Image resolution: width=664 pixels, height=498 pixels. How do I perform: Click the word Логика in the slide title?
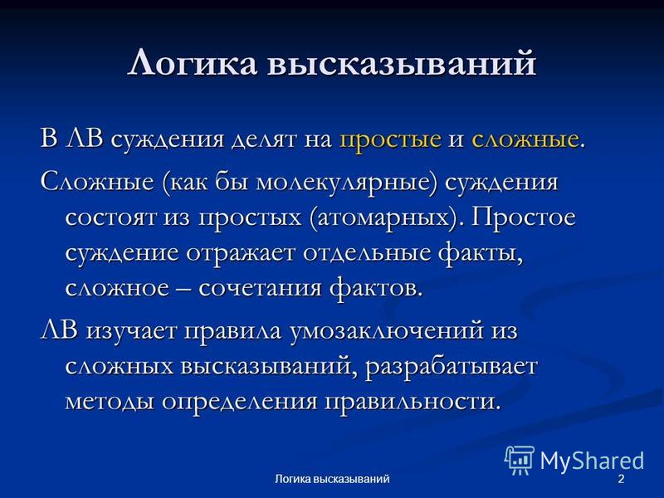[193, 64]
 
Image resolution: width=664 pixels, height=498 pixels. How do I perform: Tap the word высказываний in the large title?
[402, 64]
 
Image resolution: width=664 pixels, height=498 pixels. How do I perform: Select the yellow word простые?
[390, 139]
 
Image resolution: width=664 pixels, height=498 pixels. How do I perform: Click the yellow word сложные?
[525, 139]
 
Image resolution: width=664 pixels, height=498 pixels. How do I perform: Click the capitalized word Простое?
[524, 217]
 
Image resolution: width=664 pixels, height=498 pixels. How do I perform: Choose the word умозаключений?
[387, 331]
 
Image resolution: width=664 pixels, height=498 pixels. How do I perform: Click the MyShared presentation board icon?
[520, 460]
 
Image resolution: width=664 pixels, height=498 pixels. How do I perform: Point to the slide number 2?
[621, 480]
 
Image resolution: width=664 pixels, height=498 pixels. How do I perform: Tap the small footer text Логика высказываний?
[333, 480]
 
